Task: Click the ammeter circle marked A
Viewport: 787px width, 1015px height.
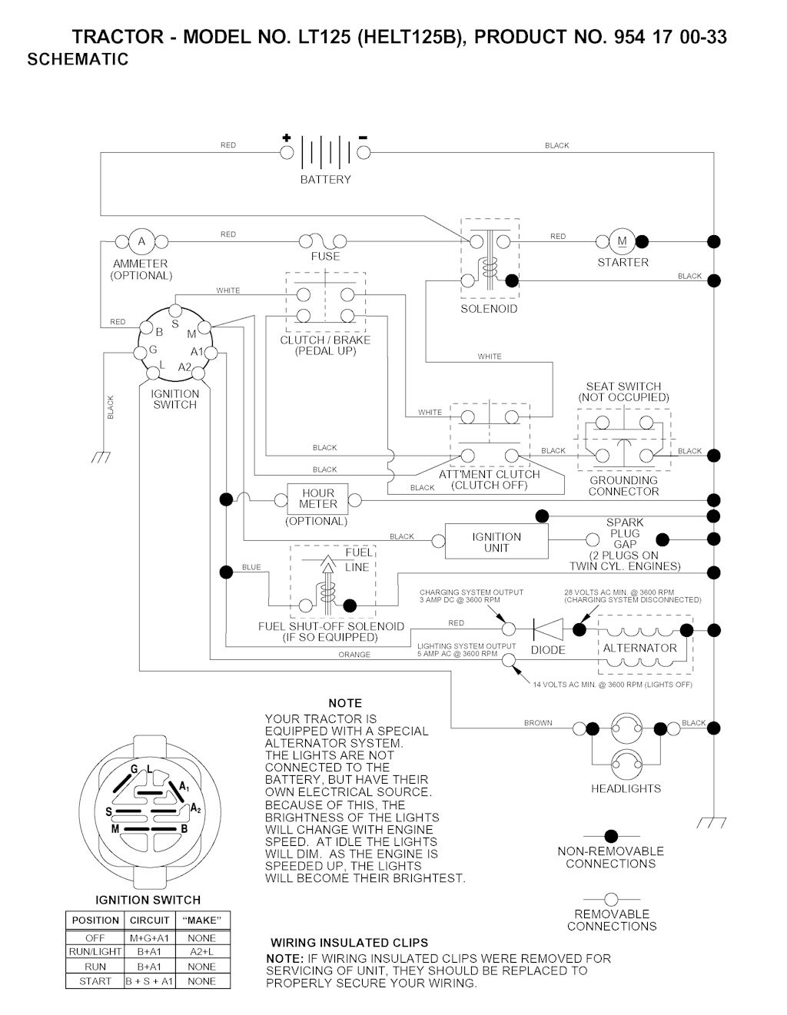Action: point(141,241)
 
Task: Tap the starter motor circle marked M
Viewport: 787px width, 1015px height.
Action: point(622,241)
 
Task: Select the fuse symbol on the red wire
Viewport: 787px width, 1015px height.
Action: point(326,241)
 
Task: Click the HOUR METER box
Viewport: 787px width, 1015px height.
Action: point(317,499)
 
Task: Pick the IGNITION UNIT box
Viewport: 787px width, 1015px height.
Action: point(496,542)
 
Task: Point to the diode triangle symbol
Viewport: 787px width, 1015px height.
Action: point(548,629)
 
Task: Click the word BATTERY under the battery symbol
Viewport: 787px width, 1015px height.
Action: point(325,180)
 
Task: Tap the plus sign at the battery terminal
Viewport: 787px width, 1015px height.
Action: point(286,138)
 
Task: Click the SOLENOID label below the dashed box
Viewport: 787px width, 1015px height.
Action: point(489,309)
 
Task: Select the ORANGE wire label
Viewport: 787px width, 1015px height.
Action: point(354,655)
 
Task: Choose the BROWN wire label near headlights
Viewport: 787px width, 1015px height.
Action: point(538,723)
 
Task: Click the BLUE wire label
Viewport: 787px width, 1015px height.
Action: point(251,568)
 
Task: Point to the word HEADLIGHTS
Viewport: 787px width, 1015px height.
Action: point(626,788)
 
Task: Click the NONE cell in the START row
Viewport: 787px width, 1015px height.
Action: point(201,981)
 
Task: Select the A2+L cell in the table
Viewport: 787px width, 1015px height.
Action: point(201,952)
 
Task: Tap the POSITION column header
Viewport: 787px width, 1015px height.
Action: point(95,920)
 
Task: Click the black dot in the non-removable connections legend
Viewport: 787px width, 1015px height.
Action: point(612,836)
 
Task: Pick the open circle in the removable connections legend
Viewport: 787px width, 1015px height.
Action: point(612,899)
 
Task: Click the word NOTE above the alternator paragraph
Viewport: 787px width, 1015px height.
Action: point(345,703)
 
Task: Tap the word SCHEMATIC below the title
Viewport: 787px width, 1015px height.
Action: point(78,60)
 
